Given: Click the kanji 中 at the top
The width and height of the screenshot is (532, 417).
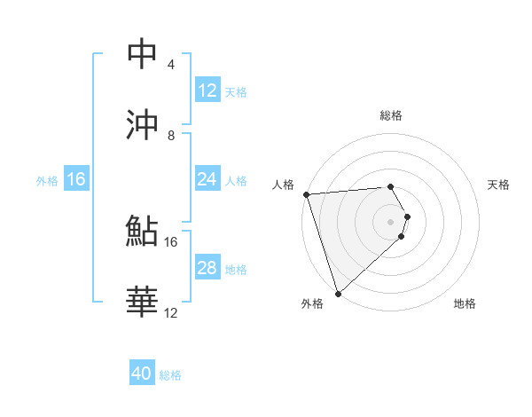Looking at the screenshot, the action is pyautogui.click(x=142, y=54).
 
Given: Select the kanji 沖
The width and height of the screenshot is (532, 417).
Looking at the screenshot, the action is pyautogui.click(x=142, y=124).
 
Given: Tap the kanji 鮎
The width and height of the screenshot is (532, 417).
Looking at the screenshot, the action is pyautogui.click(x=142, y=231).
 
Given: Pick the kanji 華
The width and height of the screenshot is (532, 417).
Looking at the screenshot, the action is pyautogui.click(x=142, y=302).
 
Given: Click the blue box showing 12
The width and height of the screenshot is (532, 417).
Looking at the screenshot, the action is pyautogui.click(x=207, y=90).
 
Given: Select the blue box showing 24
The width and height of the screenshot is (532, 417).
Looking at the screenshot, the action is pyautogui.click(x=207, y=179).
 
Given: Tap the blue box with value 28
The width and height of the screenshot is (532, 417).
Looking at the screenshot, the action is pyautogui.click(x=207, y=268).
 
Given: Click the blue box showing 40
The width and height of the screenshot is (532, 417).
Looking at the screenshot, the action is pyautogui.click(x=142, y=374).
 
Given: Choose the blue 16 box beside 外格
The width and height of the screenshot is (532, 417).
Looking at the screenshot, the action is pyautogui.click(x=76, y=179).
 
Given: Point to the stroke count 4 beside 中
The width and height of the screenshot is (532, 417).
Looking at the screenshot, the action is pyautogui.click(x=170, y=65).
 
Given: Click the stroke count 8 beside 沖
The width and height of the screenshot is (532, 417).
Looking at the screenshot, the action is pyautogui.click(x=170, y=136).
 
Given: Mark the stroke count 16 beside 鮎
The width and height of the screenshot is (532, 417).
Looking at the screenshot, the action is pyautogui.click(x=171, y=241).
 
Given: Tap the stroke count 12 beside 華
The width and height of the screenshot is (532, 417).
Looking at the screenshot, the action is pyautogui.click(x=171, y=312).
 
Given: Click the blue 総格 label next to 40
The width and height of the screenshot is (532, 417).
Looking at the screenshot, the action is pyautogui.click(x=170, y=375).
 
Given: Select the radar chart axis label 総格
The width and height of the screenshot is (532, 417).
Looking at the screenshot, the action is pyautogui.click(x=390, y=115).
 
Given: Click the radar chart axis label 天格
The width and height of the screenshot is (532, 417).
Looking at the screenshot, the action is pyautogui.click(x=498, y=185).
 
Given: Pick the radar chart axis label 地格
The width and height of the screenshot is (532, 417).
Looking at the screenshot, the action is pyautogui.click(x=465, y=303).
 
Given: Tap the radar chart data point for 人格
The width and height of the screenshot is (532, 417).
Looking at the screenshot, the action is pyautogui.click(x=306, y=194).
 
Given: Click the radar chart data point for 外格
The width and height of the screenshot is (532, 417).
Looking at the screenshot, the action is pyautogui.click(x=338, y=293).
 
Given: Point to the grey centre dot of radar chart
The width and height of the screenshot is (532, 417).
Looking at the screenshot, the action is pyautogui.click(x=391, y=221).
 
